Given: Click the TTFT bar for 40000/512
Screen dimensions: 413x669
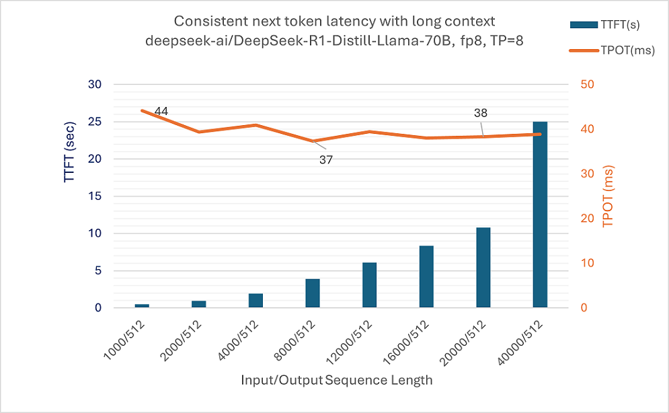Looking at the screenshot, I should pyautogui.click(x=540, y=215).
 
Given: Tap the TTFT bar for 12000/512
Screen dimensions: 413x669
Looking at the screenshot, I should pyautogui.click(x=369, y=285).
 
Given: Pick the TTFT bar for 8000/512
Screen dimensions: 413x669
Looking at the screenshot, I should pyautogui.click(x=313, y=293).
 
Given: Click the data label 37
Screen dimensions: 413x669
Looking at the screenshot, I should pyautogui.click(x=326, y=160).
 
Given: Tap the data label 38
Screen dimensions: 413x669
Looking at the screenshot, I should pyautogui.click(x=480, y=114).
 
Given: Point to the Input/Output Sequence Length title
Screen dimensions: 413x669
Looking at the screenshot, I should pyautogui.click(x=336, y=381).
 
